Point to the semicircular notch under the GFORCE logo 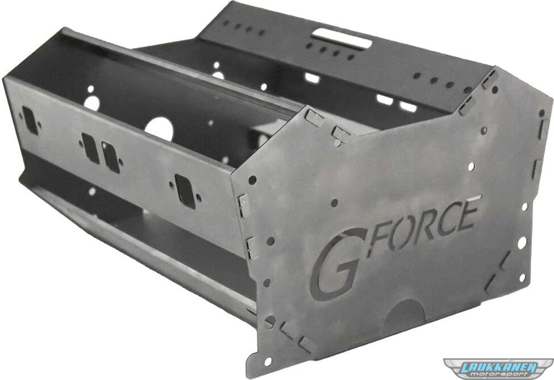(x=406, y=311)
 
